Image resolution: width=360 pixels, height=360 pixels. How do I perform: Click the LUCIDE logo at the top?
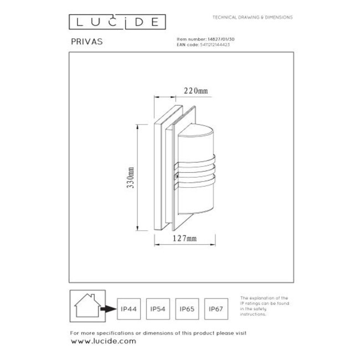[x=116, y=22]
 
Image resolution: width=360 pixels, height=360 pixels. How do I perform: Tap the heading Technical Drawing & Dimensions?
[x=253, y=18]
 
